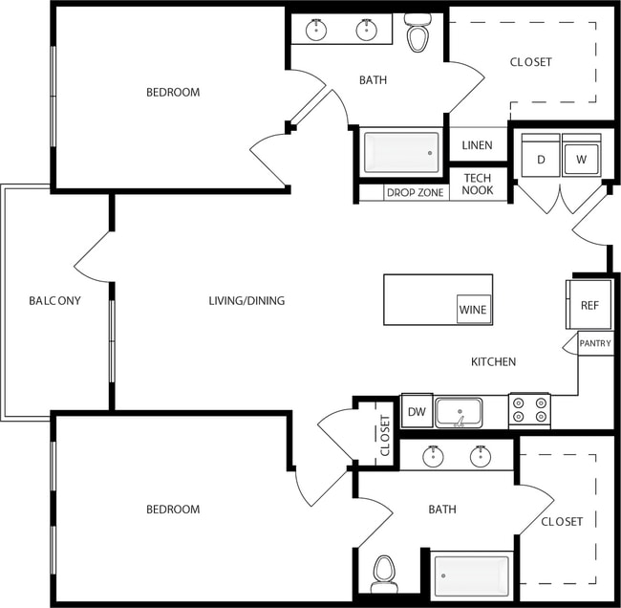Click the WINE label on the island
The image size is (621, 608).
tap(473, 310)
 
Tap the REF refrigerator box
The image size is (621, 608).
tap(589, 305)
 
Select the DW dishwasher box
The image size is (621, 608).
tap(417, 411)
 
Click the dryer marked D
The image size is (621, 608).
tap(541, 159)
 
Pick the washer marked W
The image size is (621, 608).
tap(581, 159)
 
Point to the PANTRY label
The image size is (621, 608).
tap(595, 343)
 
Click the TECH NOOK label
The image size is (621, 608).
tap(477, 184)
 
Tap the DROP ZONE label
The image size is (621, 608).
tap(415, 192)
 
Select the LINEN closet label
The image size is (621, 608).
tap(477, 145)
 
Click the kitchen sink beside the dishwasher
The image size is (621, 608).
tap(459, 412)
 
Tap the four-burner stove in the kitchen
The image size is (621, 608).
tap(529, 410)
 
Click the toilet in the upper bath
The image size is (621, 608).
tap(418, 34)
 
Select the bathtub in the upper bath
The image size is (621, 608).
tap(401, 151)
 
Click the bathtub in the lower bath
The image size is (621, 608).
tap(472, 575)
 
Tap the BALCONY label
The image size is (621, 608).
tap(54, 300)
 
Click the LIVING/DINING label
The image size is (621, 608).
tap(246, 300)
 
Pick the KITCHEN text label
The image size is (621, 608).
tap(493, 361)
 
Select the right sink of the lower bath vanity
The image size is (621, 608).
tap(481, 456)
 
